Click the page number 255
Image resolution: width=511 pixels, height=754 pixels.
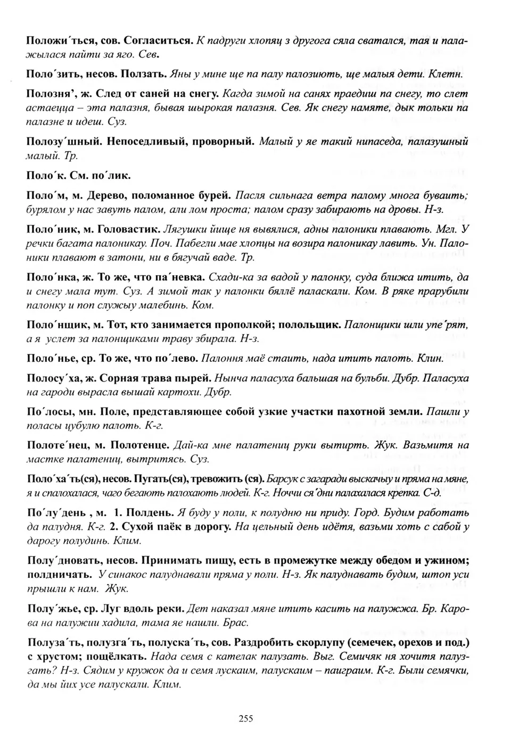[x=245, y=718]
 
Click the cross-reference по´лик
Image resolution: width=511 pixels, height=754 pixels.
[x=112, y=175]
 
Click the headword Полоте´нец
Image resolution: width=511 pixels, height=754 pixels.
[x=55, y=445]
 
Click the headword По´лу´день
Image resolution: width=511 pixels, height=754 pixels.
[x=53, y=512]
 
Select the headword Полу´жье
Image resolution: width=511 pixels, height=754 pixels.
[x=50, y=608]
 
